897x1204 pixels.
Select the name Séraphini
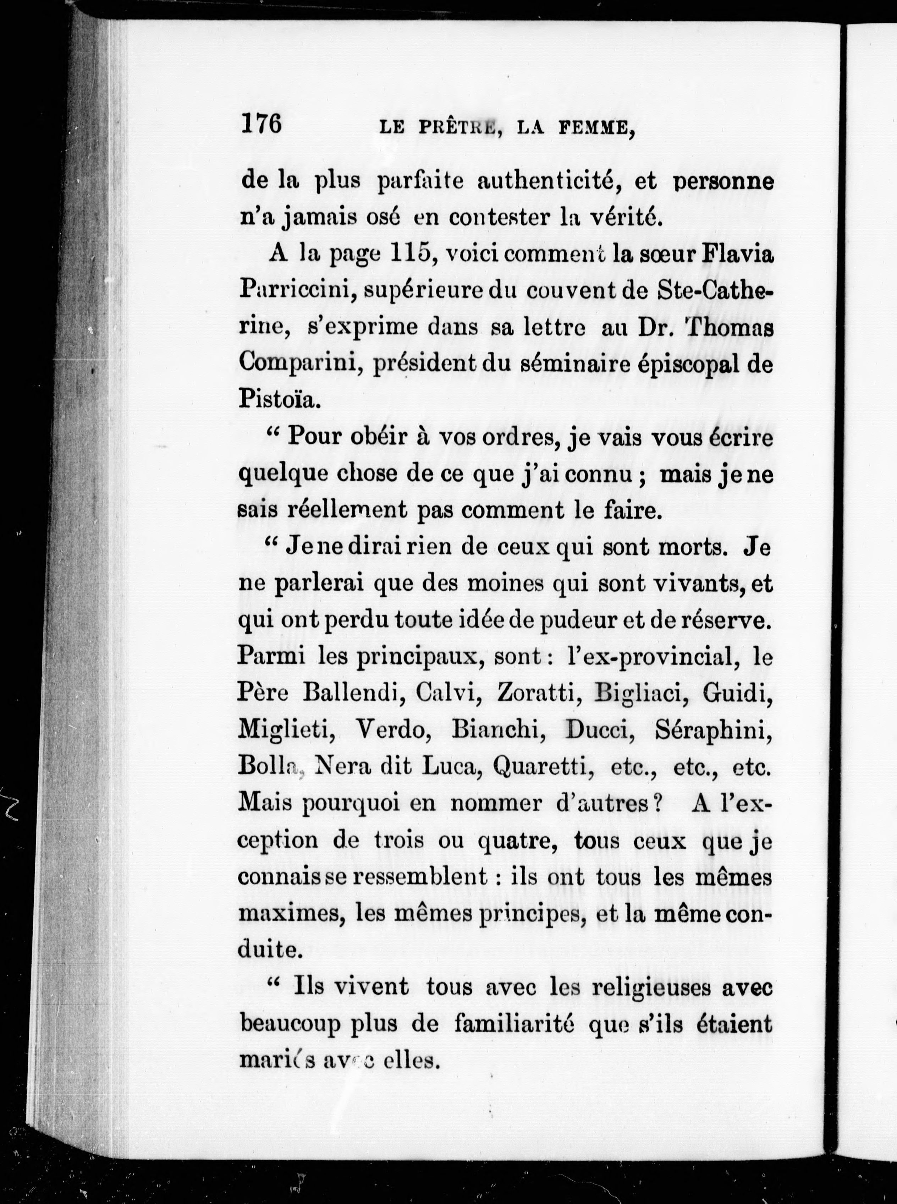(713, 730)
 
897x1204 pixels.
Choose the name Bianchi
(498, 730)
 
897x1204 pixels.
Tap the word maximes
(292, 915)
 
